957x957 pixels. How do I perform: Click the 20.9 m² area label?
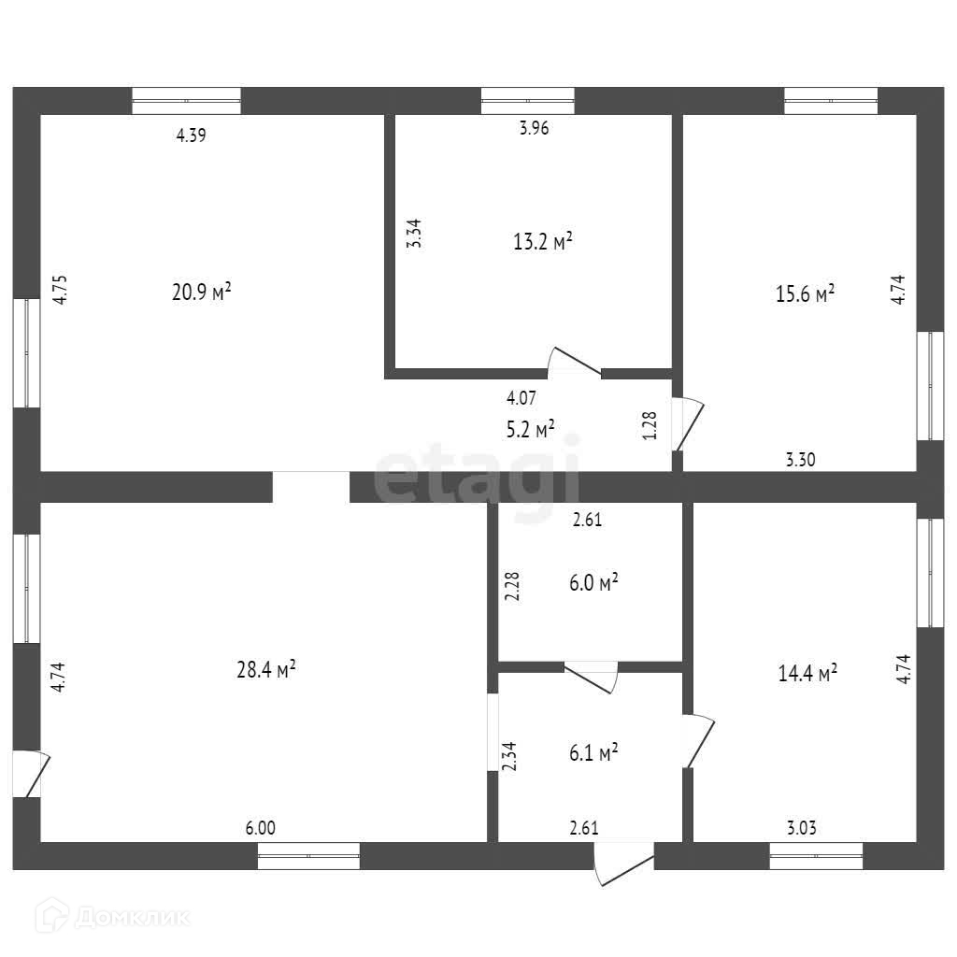[202, 293]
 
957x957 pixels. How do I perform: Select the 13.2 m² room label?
[543, 242]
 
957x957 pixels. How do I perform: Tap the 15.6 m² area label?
[805, 294]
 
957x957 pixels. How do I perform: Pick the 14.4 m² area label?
[807, 672]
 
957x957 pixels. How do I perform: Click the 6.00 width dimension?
[261, 828]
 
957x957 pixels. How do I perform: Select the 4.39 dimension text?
[191, 136]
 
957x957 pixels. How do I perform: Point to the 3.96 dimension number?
[534, 130]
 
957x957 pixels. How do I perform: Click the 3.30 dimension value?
[800, 459]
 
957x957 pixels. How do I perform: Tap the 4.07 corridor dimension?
[521, 398]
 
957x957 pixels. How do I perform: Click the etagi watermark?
[478, 477]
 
